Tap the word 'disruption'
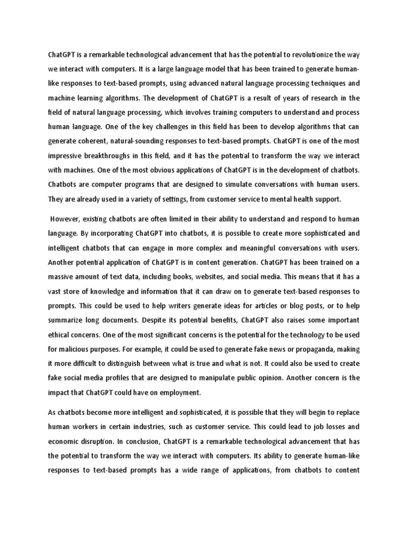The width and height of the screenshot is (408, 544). [x=95, y=441]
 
